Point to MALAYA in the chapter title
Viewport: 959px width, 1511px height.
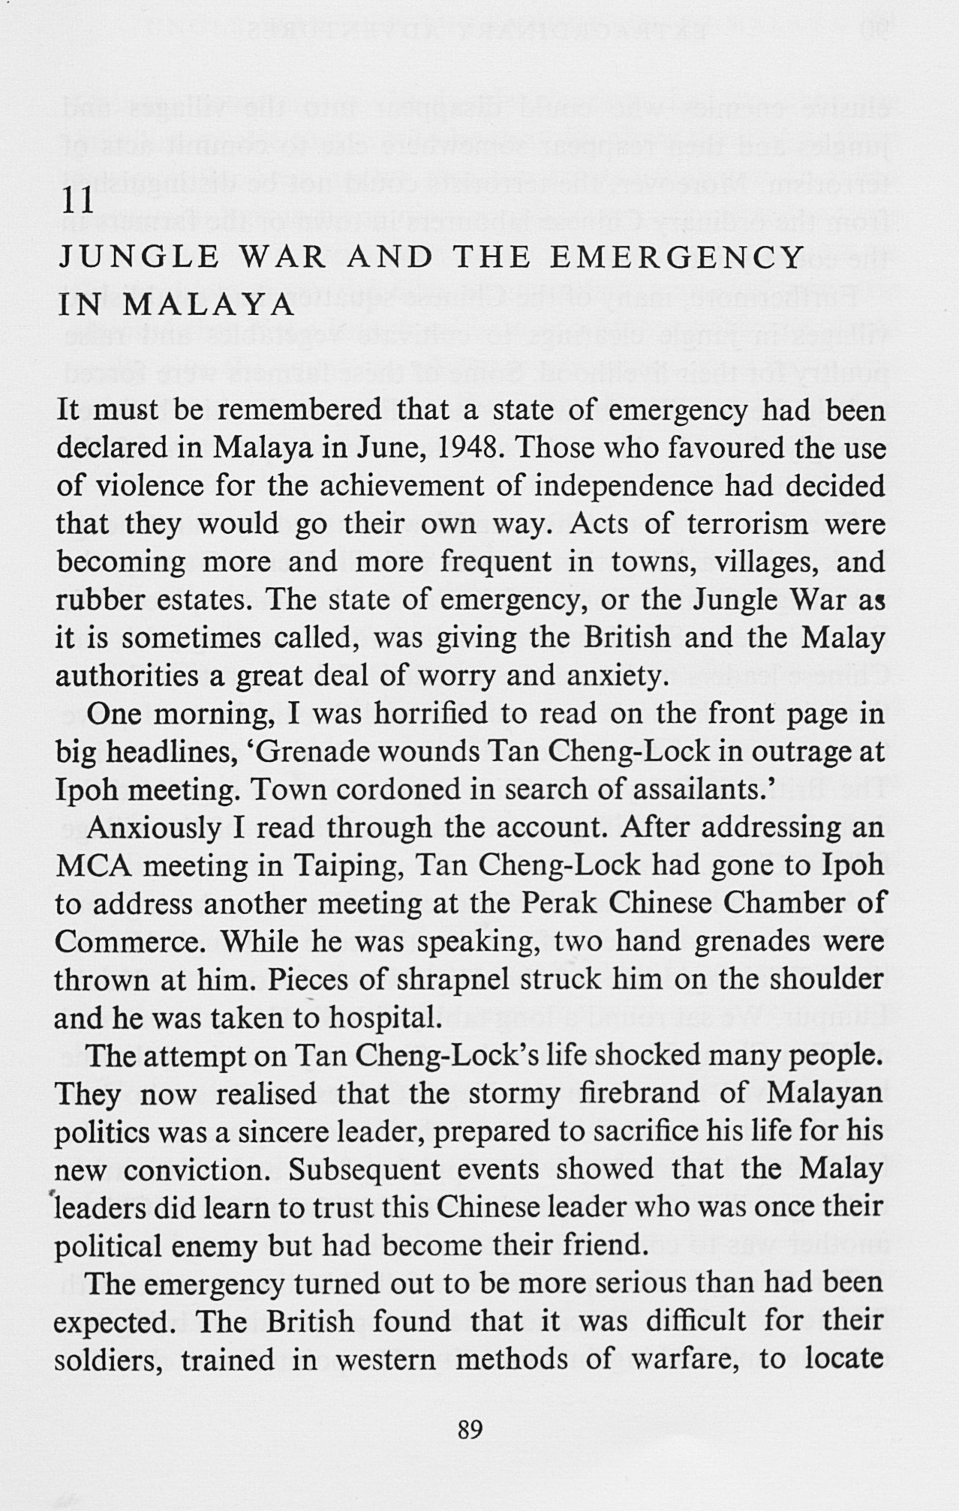coord(208,306)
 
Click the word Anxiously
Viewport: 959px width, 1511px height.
coord(155,828)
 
